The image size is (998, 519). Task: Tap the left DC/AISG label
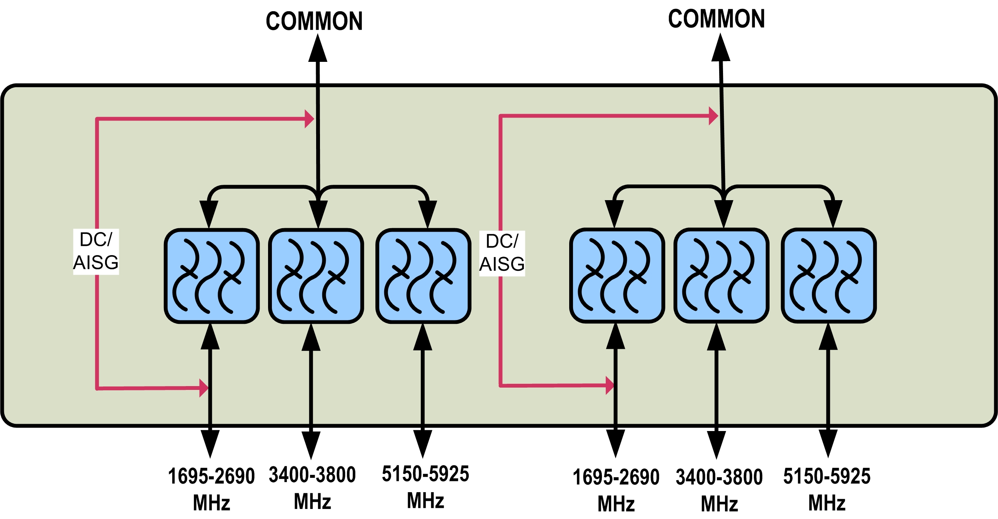point(96,252)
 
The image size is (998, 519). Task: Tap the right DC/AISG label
point(502,253)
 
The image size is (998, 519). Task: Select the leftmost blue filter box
point(212,276)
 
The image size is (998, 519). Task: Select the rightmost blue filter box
point(829,275)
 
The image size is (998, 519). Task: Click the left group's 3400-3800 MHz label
point(312,487)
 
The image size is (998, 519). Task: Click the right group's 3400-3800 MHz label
point(719,489)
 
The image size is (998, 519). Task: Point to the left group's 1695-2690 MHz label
point(212,488)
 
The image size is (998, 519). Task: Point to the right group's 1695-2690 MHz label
point(616,489)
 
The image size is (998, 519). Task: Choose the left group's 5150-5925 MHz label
point(425,486)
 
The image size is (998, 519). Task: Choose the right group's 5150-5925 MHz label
point(827,488)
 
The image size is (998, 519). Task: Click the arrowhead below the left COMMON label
point(318,48)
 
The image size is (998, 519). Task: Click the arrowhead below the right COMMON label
point(721,48)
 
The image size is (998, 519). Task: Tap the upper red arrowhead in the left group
point(309,119)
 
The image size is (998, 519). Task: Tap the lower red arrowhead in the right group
point(610,385)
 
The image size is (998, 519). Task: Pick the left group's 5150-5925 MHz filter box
point(423,276)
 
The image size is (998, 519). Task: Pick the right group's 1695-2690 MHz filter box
point(617,275)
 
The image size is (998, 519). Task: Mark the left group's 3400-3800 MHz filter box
point(316,276)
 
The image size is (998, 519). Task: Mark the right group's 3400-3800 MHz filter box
point(721,275)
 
